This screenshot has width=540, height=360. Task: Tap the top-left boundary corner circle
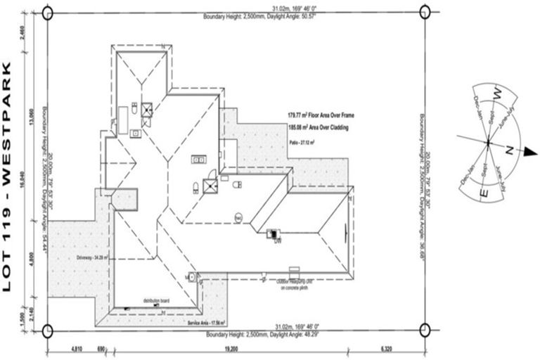pos(47,12)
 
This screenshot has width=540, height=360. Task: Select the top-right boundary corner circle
pos(424,12)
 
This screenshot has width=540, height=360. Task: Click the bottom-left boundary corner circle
pos(47,331)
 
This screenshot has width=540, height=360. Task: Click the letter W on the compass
pos(496,93)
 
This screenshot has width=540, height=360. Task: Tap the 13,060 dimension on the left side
pos(26,115)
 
